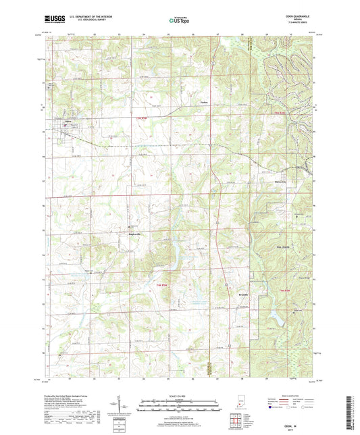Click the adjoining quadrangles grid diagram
[x=235, y=419]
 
